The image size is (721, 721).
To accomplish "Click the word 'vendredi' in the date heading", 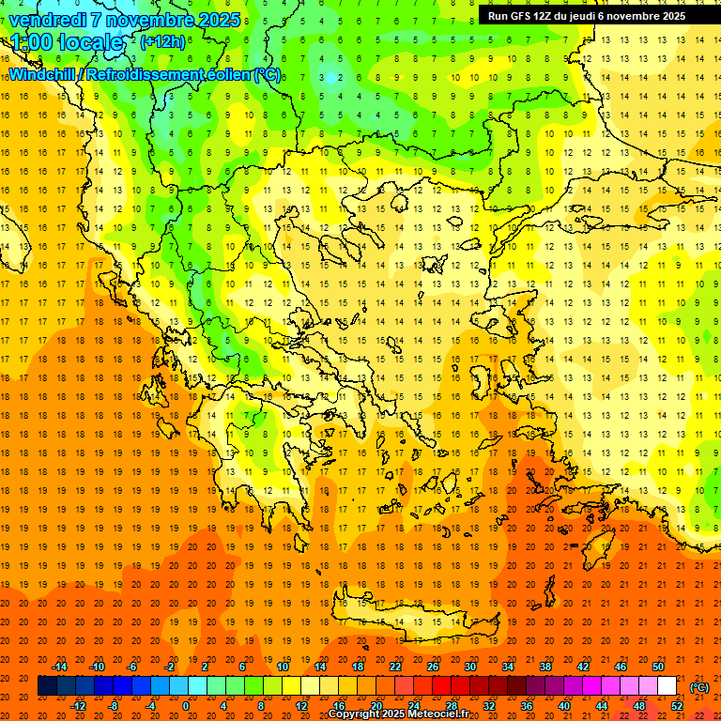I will [48, 20].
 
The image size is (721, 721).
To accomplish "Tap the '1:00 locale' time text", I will [67, 42].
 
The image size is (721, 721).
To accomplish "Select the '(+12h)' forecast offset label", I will [162, 42].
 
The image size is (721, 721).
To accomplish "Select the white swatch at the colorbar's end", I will [667, 686].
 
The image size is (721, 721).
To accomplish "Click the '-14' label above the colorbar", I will [59, 667].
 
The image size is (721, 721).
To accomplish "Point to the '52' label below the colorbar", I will [677, 706].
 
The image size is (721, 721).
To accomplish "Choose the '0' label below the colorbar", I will [186, 706].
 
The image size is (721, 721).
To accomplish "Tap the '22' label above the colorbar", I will [395, 667].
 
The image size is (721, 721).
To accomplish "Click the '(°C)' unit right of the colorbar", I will [698, 687].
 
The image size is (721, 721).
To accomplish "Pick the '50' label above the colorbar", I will [658, 667].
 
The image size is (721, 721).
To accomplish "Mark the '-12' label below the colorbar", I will [78, 706].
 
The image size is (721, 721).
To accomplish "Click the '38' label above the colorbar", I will [545, 667].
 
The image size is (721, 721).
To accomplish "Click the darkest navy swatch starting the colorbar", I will [47, 686].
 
